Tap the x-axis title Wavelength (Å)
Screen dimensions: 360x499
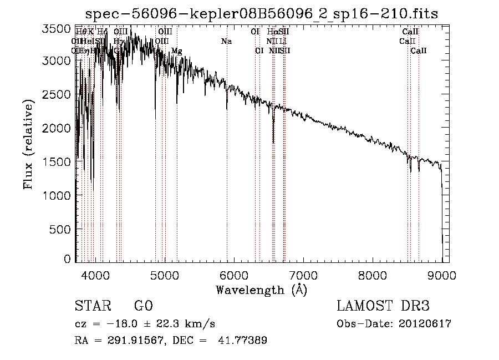tap(261, 289)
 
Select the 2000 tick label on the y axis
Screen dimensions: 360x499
tap(57, 128)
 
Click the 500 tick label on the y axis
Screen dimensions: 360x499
tap(60, 229)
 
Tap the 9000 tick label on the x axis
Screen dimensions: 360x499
tap(442, 275)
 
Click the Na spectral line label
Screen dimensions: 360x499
tap(226, 41)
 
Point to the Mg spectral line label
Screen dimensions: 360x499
tap(176, 51)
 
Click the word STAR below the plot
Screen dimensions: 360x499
tap(93, 306)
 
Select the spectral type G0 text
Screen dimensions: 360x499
tap(143, 306)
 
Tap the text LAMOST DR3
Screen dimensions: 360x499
tap(383, 306)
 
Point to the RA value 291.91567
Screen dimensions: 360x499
tap(133, 340)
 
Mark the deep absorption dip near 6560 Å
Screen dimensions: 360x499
tap(273, 139)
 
